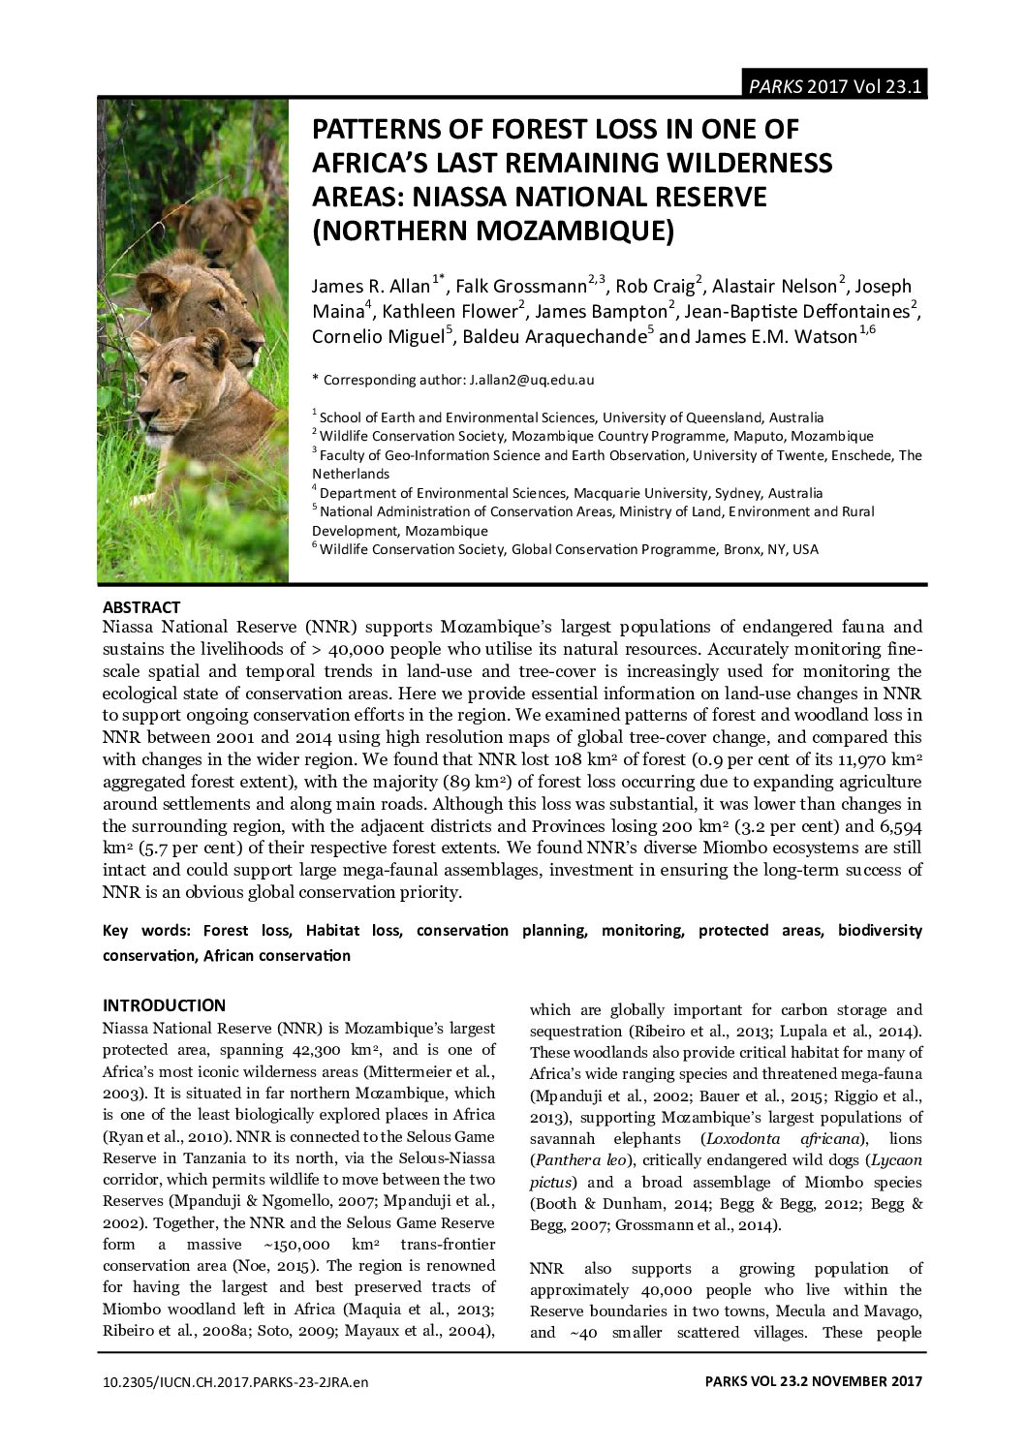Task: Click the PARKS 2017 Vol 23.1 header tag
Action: [835, 86]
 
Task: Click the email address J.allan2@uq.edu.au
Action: [530, 380]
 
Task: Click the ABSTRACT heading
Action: [141, 607]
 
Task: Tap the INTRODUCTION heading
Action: [164, 1005]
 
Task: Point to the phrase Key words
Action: [141, 931]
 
